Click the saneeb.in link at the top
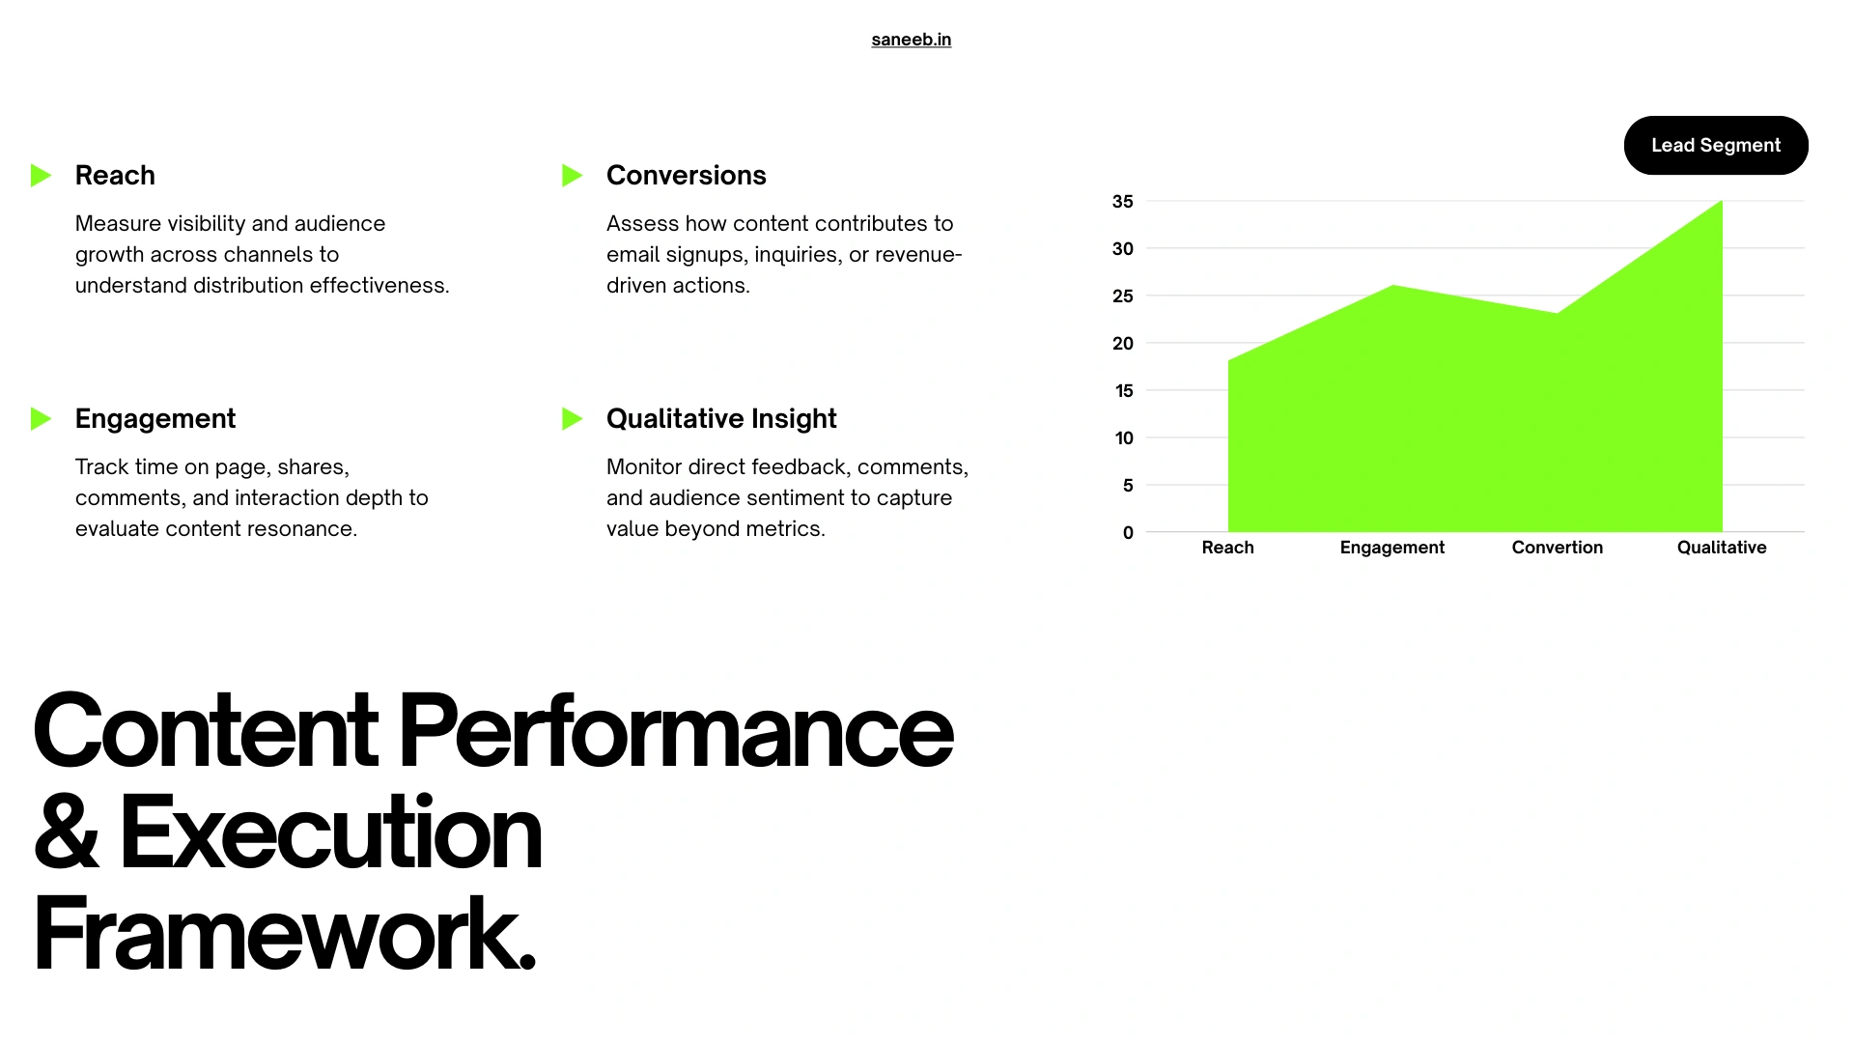coord(911,40)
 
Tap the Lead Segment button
coord(1715,146)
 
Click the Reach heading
coord(115,176)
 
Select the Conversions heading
coord(686,176)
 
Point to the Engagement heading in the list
coord(155,419)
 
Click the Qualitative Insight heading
coord(721,419)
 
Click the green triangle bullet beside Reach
coord(41,176)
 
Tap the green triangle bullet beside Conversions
coord(572,176)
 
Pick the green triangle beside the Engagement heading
coord(41,419)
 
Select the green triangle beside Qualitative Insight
coord(572,419)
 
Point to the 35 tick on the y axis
coord(1122,202)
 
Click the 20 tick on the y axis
coord(1122,344)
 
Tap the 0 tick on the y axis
coord(1128,533)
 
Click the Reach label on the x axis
coord(1227,548)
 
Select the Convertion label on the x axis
coord(1557,548)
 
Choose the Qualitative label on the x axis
coord(1721,548)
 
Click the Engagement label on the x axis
coord(1391,548)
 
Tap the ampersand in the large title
coord(66,832)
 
